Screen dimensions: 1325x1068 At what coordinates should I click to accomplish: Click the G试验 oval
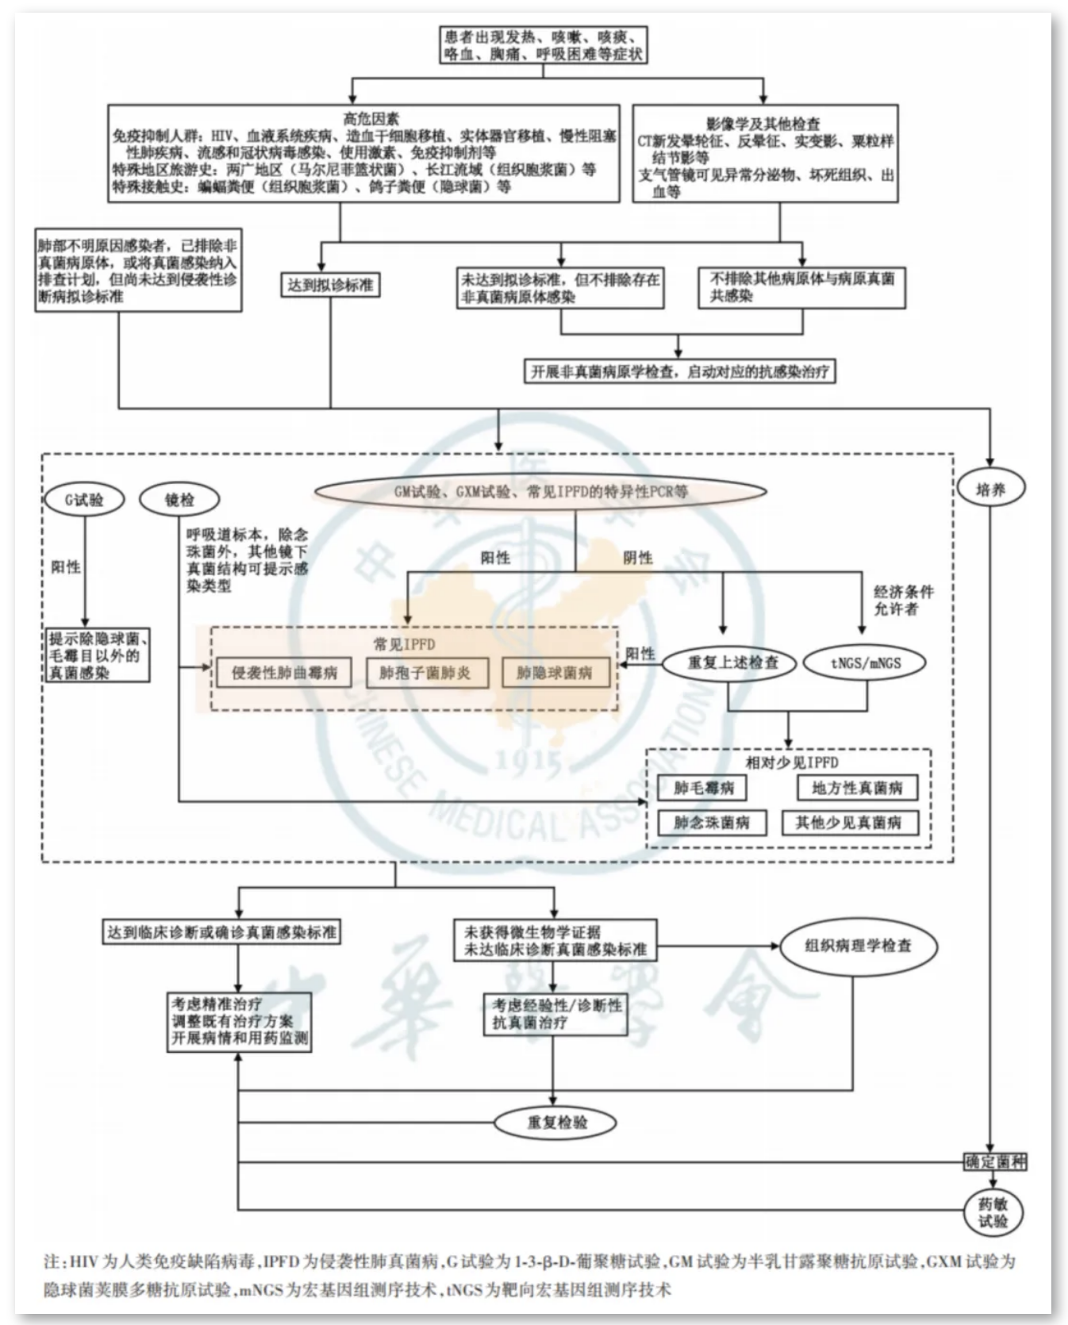(84, 500)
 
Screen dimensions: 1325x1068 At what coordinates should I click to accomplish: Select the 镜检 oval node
(179, 500)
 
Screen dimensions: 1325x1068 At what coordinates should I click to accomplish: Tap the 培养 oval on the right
(990, 490)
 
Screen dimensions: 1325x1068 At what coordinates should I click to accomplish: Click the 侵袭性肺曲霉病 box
(284, 673)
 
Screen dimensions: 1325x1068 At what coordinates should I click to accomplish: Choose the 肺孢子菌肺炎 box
(425, 673)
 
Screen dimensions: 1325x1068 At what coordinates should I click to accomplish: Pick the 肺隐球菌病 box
(555, 673)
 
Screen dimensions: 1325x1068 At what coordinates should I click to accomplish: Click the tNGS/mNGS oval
(866, 663)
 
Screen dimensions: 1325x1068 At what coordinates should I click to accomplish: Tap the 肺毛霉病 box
(703, 788)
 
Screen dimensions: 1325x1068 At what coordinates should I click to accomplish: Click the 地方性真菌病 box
(857, 788)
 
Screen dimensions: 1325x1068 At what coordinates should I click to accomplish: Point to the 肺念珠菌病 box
(712, 823)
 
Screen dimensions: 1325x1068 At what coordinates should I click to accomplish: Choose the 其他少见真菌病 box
(849, 823)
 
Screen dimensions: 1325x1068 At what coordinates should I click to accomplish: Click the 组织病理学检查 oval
(859, 946)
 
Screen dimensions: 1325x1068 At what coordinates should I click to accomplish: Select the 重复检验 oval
(557, 1123)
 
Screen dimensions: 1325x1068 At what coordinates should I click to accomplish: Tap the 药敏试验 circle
(993, 1212)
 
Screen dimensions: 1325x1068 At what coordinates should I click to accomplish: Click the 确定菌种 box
(995, 1162)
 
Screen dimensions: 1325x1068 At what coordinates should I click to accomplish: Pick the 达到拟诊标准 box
(330, 285)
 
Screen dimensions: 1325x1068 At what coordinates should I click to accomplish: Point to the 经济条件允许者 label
(903, 601)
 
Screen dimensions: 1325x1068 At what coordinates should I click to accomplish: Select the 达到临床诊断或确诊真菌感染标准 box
(222, 931)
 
